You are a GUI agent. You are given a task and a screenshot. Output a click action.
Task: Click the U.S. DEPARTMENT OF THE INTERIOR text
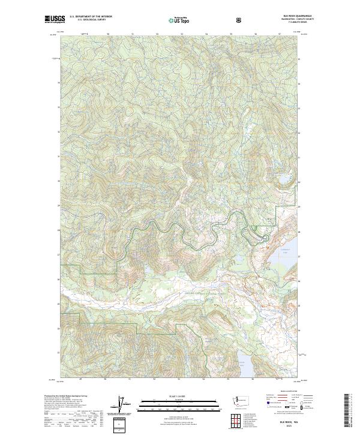(90, 17)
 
